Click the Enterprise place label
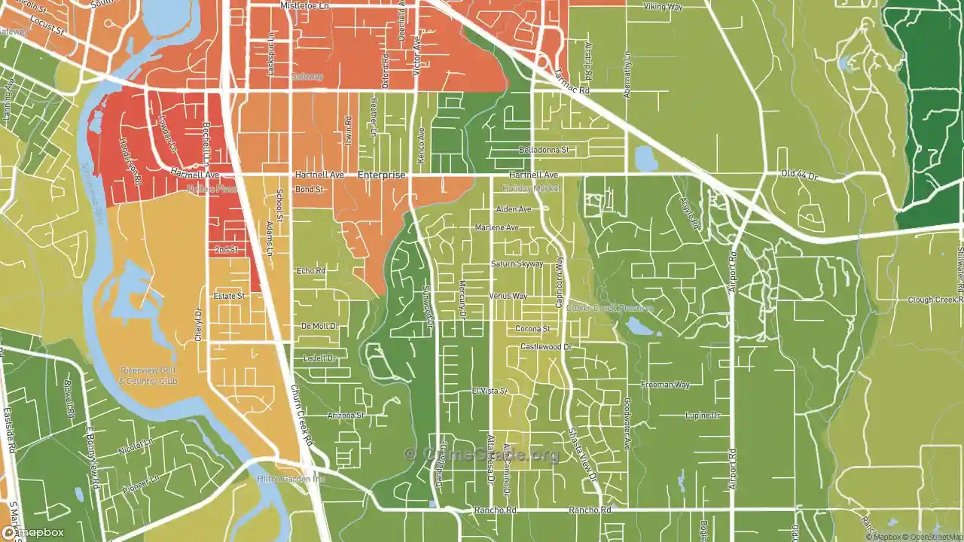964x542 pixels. click(381, 175)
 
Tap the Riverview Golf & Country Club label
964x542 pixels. click(148, 376)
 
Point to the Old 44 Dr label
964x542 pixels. click(800, 175)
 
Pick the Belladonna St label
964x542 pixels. click(543, 151)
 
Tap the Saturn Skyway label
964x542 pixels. click(517, 264)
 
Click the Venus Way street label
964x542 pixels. click(508, 296)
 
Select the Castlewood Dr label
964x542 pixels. click(546, 347)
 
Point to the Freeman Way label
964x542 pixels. click(665, 385)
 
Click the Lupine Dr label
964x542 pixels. click(703, 416)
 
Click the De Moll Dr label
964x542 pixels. click(320, 326)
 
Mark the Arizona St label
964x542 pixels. click(346, 416)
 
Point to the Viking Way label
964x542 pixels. click(663, 7)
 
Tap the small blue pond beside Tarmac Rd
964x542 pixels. click(645, 159)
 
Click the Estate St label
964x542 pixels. click(229, 296)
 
